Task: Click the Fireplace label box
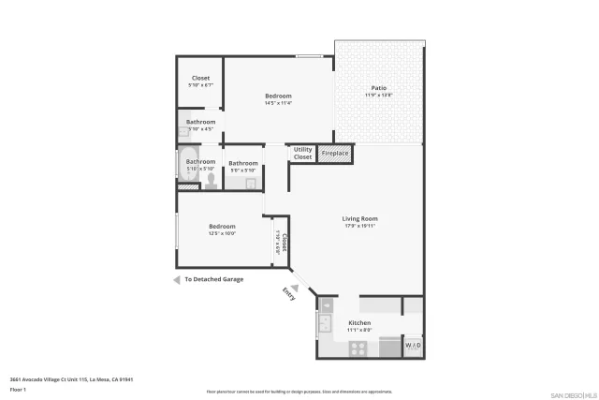[x=335, y=153]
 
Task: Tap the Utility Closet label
[x=302, y=153]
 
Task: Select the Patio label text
[x=378, y=88]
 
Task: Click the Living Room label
[x=359, y=219]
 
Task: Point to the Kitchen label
[x=360, y=322]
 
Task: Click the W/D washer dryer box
[x=413, y=347]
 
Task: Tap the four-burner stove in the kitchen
[x=358, y=348]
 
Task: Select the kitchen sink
[x=326, y=324]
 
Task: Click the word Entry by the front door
[x=288, y=294]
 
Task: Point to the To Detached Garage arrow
[x=176, y=279]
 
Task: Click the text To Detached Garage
[x=213, y=279]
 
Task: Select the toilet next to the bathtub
[x=212, y=180]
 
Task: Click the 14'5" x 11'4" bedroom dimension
[x=278, y=103]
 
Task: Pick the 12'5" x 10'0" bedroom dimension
[x=222, y=233]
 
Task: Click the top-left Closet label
[x=200, y=78]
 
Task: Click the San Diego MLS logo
[x=572, y=393]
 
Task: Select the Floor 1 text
[x=18, y=389]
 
